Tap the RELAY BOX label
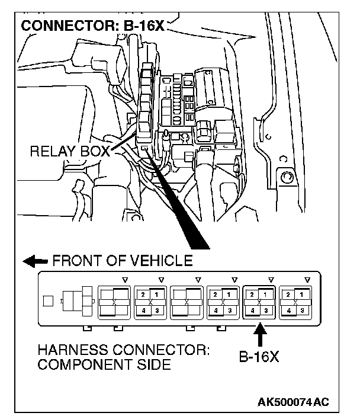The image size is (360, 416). [x=69, y=152]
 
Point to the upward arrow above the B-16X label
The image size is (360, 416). [x=258, y=335]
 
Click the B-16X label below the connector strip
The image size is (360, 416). [x=259, y=358]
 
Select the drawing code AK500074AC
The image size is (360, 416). [x=293, y=402]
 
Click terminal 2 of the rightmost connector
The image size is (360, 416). [x=288, y=295]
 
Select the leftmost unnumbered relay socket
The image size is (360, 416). [x=114, y=302]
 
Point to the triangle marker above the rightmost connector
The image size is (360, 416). [x=307, y=279]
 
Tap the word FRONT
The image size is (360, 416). [x=70, y=261]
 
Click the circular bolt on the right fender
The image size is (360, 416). [x=287, y=177]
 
